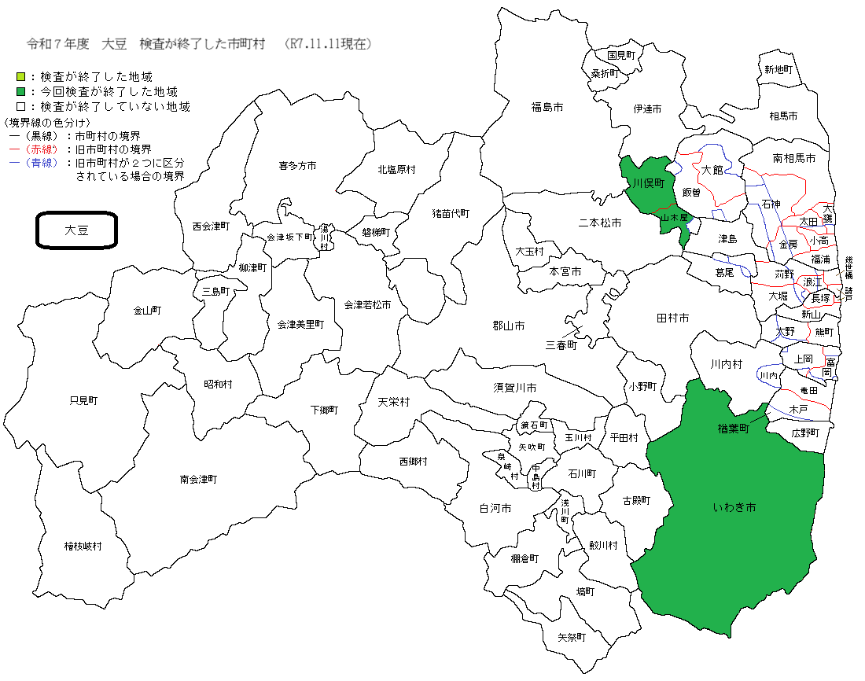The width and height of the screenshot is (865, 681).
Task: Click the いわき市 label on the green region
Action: [734, 508]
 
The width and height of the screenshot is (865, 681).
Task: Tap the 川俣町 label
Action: [650, 182]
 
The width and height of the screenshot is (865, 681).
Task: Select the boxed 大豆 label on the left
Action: [77, 230]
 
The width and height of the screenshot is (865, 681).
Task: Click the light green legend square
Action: [21, 77]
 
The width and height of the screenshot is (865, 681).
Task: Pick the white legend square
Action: [21, 106]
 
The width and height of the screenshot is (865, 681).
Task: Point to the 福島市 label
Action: [547, 106]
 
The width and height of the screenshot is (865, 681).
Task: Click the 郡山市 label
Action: [509, 326]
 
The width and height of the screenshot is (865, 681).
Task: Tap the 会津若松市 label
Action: [367, 304]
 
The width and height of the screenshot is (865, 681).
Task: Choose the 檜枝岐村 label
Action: [83, 546]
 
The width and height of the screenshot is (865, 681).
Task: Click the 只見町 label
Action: [83, 400]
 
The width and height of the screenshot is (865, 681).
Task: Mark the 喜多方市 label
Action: [297, 166]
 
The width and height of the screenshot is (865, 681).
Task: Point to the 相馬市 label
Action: [783, 116]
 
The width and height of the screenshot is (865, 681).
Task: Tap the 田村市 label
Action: [672, 318]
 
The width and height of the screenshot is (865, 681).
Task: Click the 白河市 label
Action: [495, 509]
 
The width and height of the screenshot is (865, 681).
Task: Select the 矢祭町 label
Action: [572, 637]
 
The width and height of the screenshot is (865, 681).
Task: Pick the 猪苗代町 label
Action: [451, 212]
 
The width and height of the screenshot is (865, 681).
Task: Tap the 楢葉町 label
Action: [734, 429]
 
